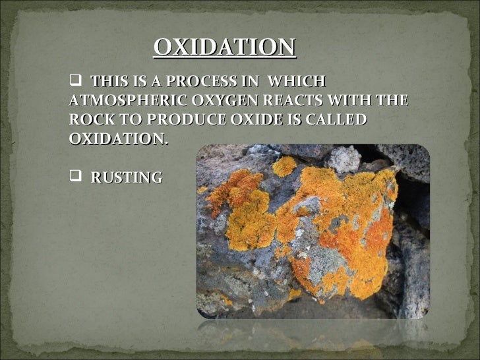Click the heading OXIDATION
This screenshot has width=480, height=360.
pos(225,47)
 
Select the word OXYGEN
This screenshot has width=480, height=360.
pos(225,102)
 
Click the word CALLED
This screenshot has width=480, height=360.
pos(337,121)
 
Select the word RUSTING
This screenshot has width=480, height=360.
pos(126,177)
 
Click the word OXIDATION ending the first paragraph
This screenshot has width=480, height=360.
pos(117,140)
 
